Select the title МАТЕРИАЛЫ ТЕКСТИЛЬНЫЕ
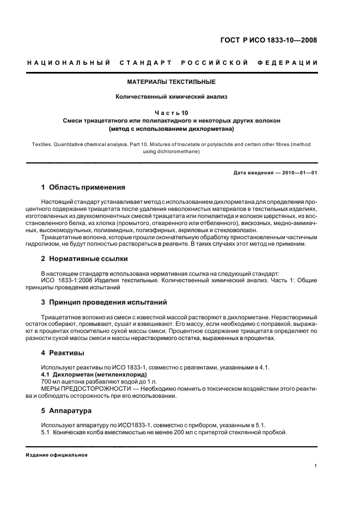(x=172, y=82)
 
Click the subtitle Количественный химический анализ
(x=172, y=97)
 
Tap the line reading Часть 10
(x=172, y=113)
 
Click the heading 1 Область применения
(x=83, y=187)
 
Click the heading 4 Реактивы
(x=63, y=353)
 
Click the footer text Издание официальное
(x=57, y=454)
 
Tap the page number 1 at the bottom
(x=316, y=466)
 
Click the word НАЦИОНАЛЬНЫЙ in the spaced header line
(x=69, y=63)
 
